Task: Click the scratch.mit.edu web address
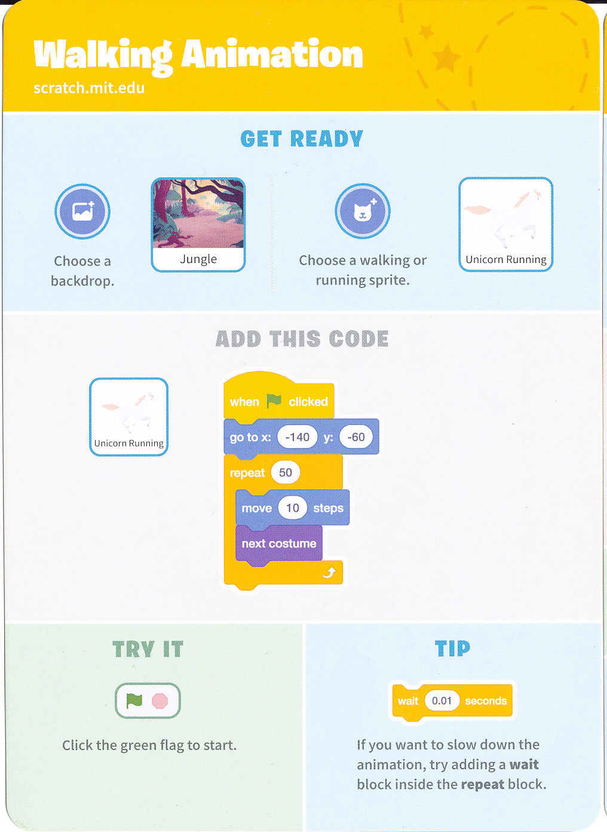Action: click(x=89, y=88)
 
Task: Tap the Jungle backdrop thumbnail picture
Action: click(x=198, y=213)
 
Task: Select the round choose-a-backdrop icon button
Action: click(x=82, y=212)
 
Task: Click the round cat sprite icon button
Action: click(x=362, y=211)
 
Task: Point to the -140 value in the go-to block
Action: click(x=298, y=437)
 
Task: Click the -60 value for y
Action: click(x=355, y=437)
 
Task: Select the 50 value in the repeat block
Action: click(x=285, y=472)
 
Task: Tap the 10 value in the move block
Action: click(x=293, y=507)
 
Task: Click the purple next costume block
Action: click(x=279, y=544)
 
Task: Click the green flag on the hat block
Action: click(x=274, y=401)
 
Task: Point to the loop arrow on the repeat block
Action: click(x=329, y=573)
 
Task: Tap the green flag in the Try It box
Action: click(x=134, y=701)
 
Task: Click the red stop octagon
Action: click(x=160, y=701)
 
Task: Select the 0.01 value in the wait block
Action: click(x=442, y=701)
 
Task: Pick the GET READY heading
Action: click(x=302, y=139)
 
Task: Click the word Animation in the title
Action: click(x=272, y=54)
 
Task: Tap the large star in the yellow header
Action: click(x=447, y=57)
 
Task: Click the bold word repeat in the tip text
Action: click(x=482, y=784)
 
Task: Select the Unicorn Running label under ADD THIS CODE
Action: click(x=129, y=443)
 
